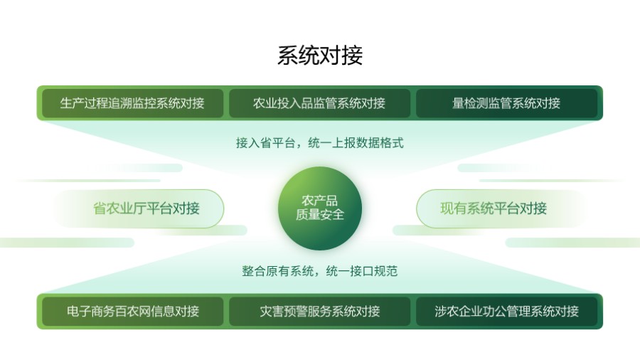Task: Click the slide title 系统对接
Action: [x=320, y=55]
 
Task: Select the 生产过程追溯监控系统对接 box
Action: [x=132, y=103]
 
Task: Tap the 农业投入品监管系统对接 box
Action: [x=319, y=103]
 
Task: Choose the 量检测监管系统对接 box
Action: [x=506, y=103]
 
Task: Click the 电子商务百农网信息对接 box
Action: [x=132, y=311]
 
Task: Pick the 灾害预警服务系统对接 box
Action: [x=319, y=311]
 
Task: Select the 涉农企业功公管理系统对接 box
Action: [x=506, y=311]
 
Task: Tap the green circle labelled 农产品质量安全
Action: [x=320, y=208]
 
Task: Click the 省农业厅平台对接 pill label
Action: [x=146, y=208]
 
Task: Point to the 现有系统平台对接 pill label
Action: [x=494, y=208]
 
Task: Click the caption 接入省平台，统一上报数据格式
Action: [x=320, y=143]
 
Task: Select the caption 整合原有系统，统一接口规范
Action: [x=320, y=271]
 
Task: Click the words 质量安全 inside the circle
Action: [x=320, y=215]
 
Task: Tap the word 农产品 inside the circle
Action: [x=320, y=201]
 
